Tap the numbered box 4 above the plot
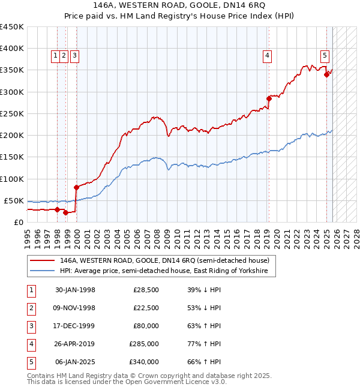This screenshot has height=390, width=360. [267, 56]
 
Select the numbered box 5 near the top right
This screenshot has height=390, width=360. [325, 56]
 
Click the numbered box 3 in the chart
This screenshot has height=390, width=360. [74, 56]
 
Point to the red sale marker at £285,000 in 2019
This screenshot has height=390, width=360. [269, 98]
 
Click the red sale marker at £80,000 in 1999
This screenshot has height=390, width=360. [76, 187]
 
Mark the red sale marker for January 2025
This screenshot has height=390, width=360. [327, 74]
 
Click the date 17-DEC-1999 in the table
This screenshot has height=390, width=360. [75, 326]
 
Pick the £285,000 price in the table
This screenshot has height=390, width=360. [144, 344]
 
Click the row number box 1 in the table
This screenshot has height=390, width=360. [30, 290]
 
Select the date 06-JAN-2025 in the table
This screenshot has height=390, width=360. [75, 362]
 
